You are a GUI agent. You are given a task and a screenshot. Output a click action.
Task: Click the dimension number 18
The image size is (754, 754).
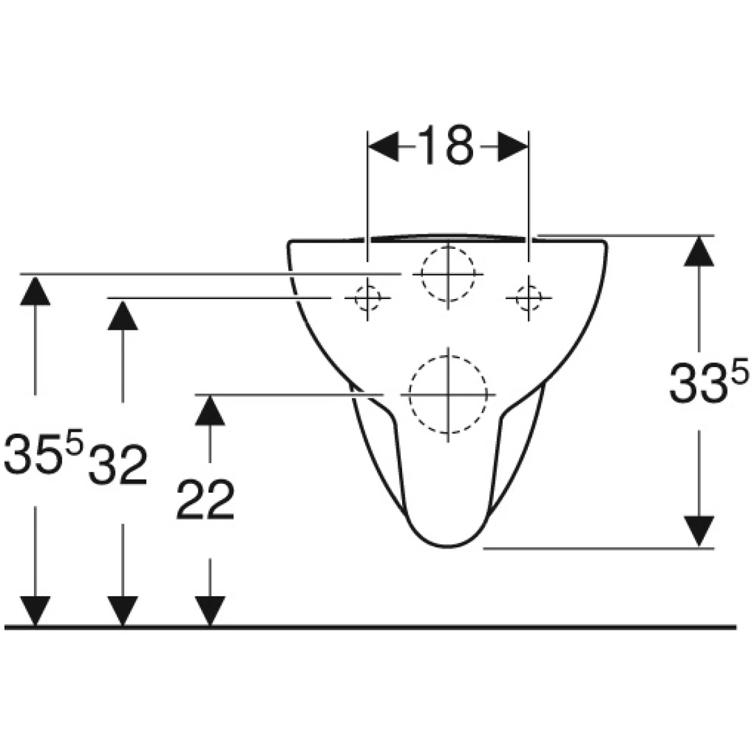445,145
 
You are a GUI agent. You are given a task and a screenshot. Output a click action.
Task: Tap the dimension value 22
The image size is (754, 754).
205,500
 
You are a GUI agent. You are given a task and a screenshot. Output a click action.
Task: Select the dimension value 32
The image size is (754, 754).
117,466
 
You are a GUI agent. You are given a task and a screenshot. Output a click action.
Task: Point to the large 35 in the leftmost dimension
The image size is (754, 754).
33,452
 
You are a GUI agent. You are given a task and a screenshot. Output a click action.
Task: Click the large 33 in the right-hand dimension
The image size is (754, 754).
699,382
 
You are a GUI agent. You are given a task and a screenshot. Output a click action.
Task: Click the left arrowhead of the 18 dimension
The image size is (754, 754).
384,146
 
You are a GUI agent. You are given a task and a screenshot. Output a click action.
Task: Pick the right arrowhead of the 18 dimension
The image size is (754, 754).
513,146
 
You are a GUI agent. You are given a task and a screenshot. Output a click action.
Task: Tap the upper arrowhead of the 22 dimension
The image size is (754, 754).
210,410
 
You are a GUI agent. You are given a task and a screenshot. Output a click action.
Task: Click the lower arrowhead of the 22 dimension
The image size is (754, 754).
210,611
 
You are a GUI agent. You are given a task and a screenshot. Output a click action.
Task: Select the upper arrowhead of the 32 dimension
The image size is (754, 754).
123,315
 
